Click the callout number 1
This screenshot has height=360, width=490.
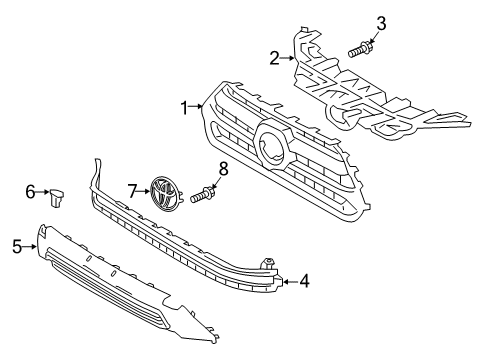point(183,105)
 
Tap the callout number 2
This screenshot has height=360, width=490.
point(274,58)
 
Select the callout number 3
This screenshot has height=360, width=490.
point(381,22)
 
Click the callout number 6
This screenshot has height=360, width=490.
point(30,190)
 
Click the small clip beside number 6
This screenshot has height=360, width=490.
point(58,196)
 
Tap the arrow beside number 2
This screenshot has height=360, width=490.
point(288,58)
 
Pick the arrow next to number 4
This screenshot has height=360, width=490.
point(288,281)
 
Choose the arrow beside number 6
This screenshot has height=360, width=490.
point(43,191)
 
